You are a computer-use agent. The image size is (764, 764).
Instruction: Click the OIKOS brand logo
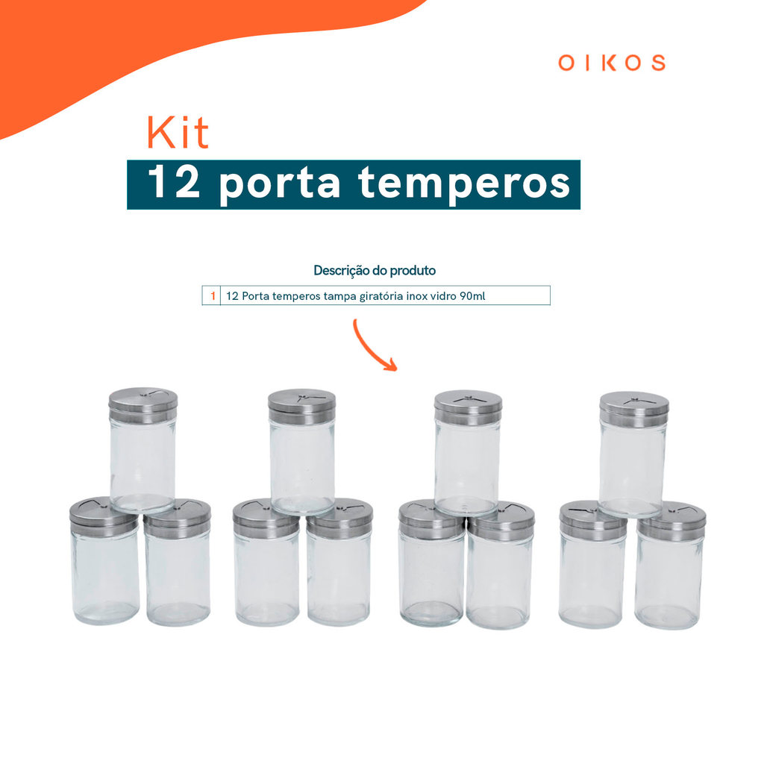612,63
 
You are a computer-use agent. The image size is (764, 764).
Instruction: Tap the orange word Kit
178,132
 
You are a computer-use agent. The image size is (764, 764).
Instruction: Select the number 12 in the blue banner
174,181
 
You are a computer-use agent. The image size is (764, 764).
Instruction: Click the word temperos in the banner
464,184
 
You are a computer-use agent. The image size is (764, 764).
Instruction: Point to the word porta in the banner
280,185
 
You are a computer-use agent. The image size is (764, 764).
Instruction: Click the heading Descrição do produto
375,270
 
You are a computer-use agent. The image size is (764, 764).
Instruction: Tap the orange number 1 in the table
213,295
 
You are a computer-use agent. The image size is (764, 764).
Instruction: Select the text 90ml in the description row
472,295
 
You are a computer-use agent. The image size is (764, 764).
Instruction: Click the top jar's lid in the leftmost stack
143,405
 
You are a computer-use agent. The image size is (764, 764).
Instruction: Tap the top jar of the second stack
302,451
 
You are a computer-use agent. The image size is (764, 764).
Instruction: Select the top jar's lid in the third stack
468,407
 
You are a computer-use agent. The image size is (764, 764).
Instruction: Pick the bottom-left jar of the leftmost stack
104,561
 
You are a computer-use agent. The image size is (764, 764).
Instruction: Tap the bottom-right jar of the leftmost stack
178,563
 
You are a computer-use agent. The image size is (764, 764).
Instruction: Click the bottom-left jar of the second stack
266,563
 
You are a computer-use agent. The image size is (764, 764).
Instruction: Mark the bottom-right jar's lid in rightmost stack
671,520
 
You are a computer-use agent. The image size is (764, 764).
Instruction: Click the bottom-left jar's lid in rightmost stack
593,520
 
